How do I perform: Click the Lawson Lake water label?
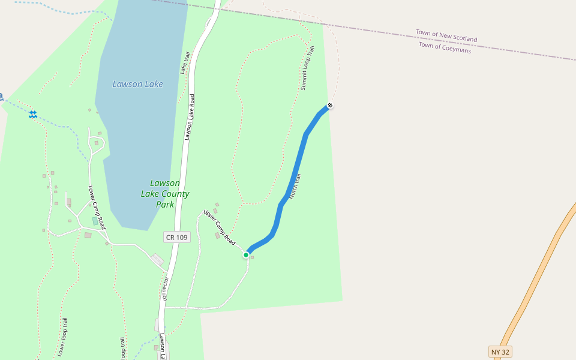[137, 84]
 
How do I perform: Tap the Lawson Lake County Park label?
[165, 193]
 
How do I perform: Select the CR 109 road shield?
[176, 238]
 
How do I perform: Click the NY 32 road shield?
[500, 352]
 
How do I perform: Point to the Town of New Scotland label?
[446, 35]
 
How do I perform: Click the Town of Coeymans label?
[445, 48]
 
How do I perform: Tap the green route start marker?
[246, 255]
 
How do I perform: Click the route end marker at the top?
[329, 106]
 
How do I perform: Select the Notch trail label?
[294, 186]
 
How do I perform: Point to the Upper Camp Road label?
[219, 226]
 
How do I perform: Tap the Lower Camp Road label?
[97, 207]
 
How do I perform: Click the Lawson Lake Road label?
[190, 117]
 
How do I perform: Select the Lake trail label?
[184, 62]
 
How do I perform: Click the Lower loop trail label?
[62, 337]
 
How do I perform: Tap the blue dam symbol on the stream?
[32, 114]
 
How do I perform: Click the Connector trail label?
[166, 288]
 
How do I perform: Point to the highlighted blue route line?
[300, 156]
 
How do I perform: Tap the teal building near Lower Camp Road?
[95, 221]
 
